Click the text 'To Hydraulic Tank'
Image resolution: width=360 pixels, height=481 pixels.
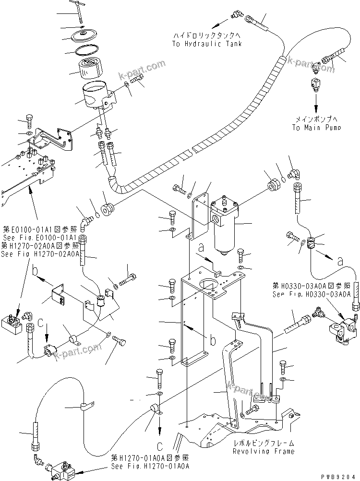pos(206,44)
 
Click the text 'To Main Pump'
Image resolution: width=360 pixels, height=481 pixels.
pos(316,127)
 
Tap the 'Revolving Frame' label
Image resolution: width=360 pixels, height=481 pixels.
pos(264,451)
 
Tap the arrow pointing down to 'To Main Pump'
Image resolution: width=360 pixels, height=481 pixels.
pos(316,104)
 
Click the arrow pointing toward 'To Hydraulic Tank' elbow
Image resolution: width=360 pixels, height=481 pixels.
pos(219,23)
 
